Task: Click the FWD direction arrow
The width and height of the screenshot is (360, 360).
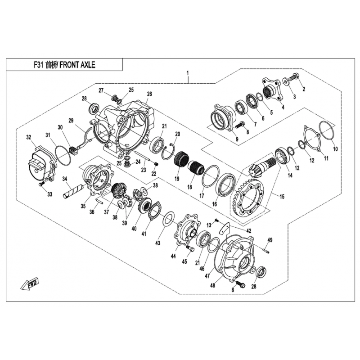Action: point(30,284)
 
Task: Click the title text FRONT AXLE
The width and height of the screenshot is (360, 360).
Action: point(77,65)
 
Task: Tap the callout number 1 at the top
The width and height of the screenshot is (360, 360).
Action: point(188,73)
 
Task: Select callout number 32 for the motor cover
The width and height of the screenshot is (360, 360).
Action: point(28,137)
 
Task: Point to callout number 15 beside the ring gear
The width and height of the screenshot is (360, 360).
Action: point(282,196)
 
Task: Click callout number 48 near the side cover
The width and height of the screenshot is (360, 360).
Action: point(212,285)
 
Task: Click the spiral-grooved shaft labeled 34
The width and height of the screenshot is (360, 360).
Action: point(72,191)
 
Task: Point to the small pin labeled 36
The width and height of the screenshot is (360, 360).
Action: point(99,201)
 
